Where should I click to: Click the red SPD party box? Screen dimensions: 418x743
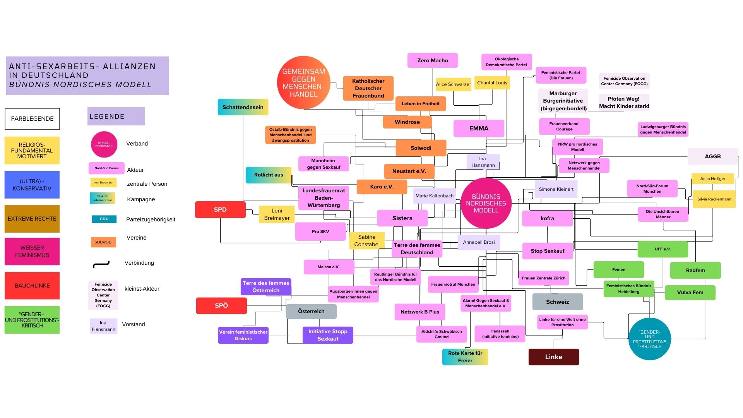(x=220, y=210)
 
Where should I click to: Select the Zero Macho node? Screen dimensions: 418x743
(x=433, y=61)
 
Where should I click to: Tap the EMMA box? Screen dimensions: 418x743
(x=479, y=128)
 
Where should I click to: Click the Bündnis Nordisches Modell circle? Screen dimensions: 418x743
(x=486, y=204)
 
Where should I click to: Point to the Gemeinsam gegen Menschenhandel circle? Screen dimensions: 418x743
(x=303, y=83)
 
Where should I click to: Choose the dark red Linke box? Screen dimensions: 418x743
(x=553, y=357)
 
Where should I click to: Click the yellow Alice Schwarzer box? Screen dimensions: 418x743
(x=453, y=84)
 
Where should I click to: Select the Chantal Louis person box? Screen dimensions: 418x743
(x=492, y=83)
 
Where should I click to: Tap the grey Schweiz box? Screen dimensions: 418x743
(x=557, y=302)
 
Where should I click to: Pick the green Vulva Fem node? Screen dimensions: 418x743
(x=690, y=293)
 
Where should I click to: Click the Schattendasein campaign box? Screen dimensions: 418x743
(x=243, y=107)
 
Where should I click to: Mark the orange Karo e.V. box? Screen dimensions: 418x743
(x=382, y=187)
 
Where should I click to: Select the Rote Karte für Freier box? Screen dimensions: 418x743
(x=465, y=357)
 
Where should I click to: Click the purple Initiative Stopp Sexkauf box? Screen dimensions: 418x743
(x=328, y=335)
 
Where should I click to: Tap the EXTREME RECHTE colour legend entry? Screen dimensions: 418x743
(x=32, y=219)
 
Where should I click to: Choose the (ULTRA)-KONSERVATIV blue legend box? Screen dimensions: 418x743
(x=32, y=185)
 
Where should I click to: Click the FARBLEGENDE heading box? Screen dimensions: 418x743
(x=32, y=119)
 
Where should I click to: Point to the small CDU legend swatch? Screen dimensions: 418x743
(x=104, y=219)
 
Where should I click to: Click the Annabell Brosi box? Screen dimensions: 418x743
(x=479, y=242)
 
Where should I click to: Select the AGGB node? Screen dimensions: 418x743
(x=712, y=157)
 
